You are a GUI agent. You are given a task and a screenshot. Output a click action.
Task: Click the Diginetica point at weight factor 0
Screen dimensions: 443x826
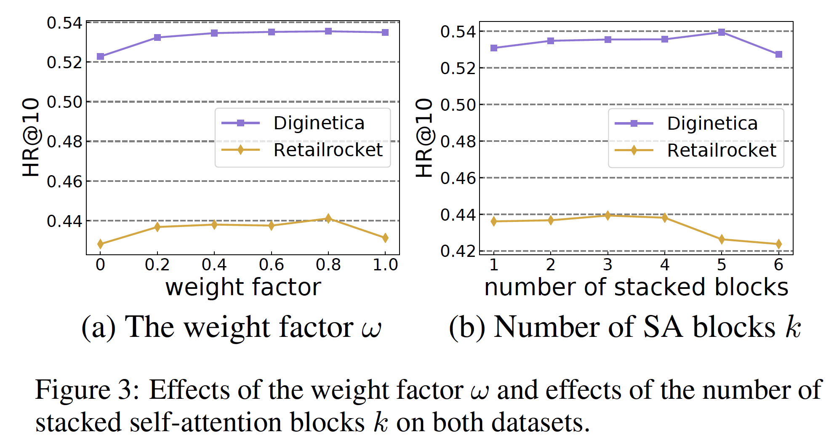pyautogui.click(x=100, y=56)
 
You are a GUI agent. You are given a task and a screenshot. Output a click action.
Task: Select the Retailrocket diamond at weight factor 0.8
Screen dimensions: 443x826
pyautogui.click(x=328, y=218)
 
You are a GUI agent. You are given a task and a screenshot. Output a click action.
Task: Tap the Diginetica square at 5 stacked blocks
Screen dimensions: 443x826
pyautogui.click(x=722, y=32)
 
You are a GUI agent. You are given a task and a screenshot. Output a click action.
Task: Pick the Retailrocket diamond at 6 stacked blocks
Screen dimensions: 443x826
pyautogui.click(x=778, y=244)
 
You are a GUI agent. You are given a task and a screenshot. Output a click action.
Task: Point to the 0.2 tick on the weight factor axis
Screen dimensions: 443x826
pyautogui.click(x=157, y=265)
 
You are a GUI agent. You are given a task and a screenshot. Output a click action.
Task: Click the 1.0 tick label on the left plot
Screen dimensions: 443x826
pyautogui.click(x=385, y=265)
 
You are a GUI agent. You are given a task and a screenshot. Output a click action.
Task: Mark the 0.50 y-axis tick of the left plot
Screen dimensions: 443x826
pyautogui.click(x=64, y=102)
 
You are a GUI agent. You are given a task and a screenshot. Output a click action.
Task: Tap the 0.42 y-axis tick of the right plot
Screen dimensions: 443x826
pyautogui.click(x=458, y=251)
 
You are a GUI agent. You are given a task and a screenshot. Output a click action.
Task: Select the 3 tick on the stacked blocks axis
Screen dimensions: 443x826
pyautogui.click(x=608, y=265)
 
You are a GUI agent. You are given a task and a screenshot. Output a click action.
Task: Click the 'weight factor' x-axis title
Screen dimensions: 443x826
pyautogui.click(x=243, y=288)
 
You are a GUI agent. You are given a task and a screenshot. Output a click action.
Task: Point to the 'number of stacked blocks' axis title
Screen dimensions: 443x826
pyautogui.click(x=636, y=288)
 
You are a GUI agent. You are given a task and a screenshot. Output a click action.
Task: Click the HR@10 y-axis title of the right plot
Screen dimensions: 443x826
pyautogui.click(x=424, y=138)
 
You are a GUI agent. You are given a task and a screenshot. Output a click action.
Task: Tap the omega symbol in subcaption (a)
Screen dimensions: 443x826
pyautogui.click(x=371, y=328)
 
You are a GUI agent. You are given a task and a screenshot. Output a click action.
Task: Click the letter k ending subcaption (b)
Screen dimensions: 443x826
pyautogui.click(x=793, y=327)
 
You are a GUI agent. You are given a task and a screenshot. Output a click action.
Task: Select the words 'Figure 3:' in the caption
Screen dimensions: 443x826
pyautogui.click(x=87, y=390)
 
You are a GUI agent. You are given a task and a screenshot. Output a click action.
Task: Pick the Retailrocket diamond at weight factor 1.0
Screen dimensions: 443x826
pyautogui.click(x=385, y=238)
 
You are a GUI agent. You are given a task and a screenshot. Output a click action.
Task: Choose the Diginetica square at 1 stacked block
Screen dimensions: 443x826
pyautogui.click(x=494, y=48)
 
